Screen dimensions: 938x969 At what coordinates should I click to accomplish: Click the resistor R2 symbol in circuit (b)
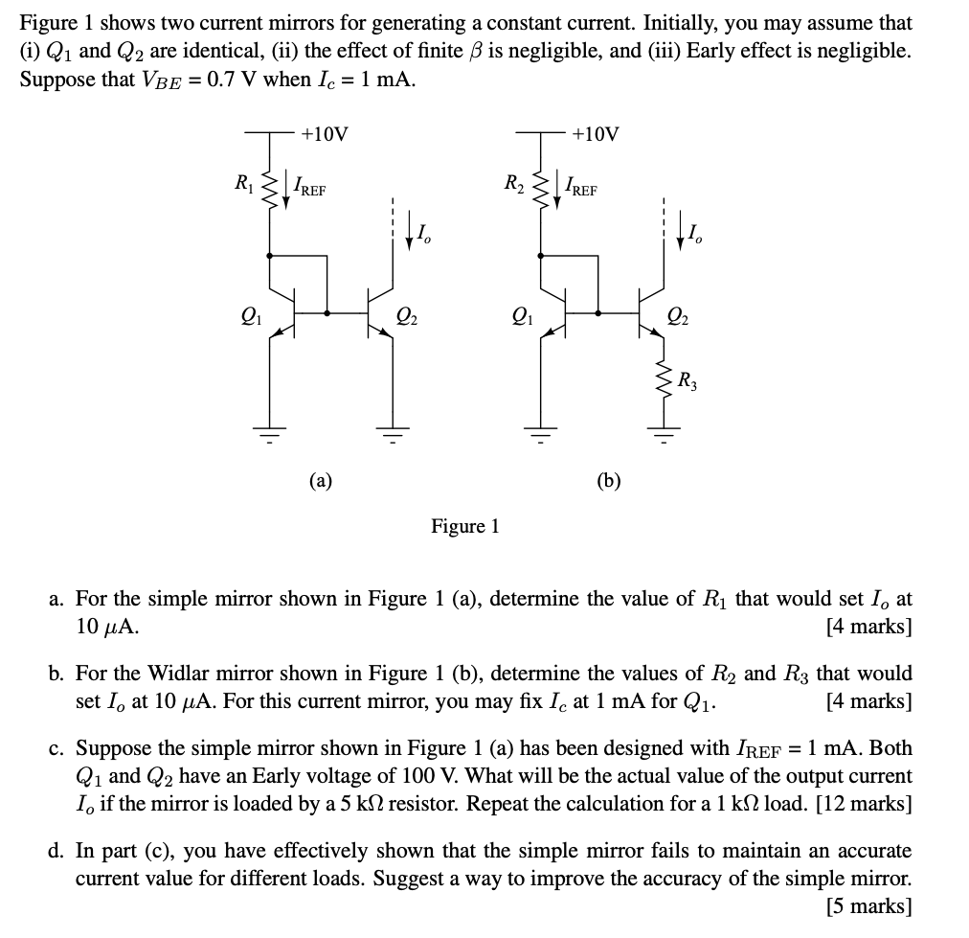pos(540,188)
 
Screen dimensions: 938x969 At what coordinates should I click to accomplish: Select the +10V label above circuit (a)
pos(324,134)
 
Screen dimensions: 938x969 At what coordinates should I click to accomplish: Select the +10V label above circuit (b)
pos(595,134)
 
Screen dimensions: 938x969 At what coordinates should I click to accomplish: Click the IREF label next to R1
pos(308,188)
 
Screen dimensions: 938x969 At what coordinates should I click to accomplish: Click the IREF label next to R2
pos(579,188)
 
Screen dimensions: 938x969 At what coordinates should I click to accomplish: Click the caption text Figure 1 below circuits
pos(465,527)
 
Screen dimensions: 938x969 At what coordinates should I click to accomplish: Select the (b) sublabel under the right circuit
pos(609,480)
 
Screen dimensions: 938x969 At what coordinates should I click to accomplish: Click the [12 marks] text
pos(863,803)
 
